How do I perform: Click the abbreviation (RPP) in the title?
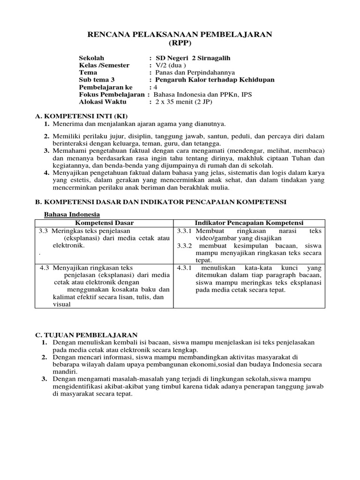coord(180,43)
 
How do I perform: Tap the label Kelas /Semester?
coord(104,65)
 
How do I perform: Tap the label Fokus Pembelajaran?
coord(112,94)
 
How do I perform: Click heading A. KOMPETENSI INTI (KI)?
coord(82,116)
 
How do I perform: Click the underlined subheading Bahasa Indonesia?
coord(68,214)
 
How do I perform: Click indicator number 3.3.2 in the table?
coord(185,245)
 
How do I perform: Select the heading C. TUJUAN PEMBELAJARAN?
coord(87,335)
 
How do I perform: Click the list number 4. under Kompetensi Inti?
coord(47,173)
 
